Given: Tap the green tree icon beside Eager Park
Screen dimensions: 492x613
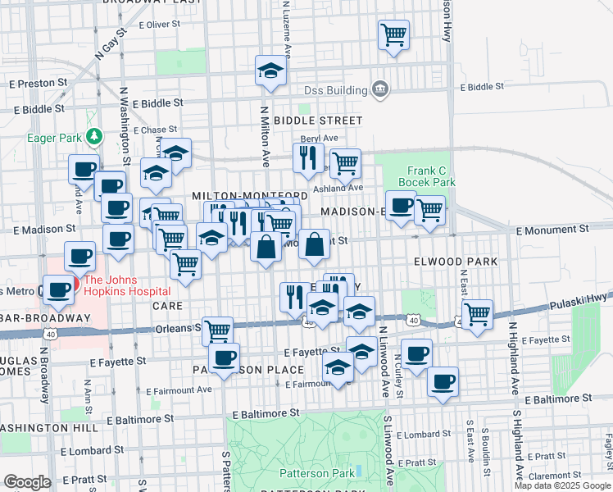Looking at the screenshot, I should pyautogui.click(x=94, y=135).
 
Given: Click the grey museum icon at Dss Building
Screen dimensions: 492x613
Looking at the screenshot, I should pyautogui.click(x=379, y=89).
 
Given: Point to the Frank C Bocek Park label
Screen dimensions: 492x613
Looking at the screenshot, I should pyautogui.click(x=426, y=175).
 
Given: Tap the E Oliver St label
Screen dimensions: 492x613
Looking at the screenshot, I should pyautogui.click(x=159, y=25).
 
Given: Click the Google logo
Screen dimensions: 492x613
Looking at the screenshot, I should pyautogui.click(x=27, y=482).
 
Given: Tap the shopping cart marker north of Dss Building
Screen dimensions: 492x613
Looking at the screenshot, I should pyautogui.click(x=394, y=35).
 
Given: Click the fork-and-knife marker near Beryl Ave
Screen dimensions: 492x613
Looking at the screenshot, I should pyautogui.click(x=308, y=157).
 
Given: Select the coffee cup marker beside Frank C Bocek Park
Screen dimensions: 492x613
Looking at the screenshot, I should pyautogui.click(x=401, y=205).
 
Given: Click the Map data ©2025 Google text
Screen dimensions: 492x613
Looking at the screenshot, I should pyautogui.click(x=562, y=485).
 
